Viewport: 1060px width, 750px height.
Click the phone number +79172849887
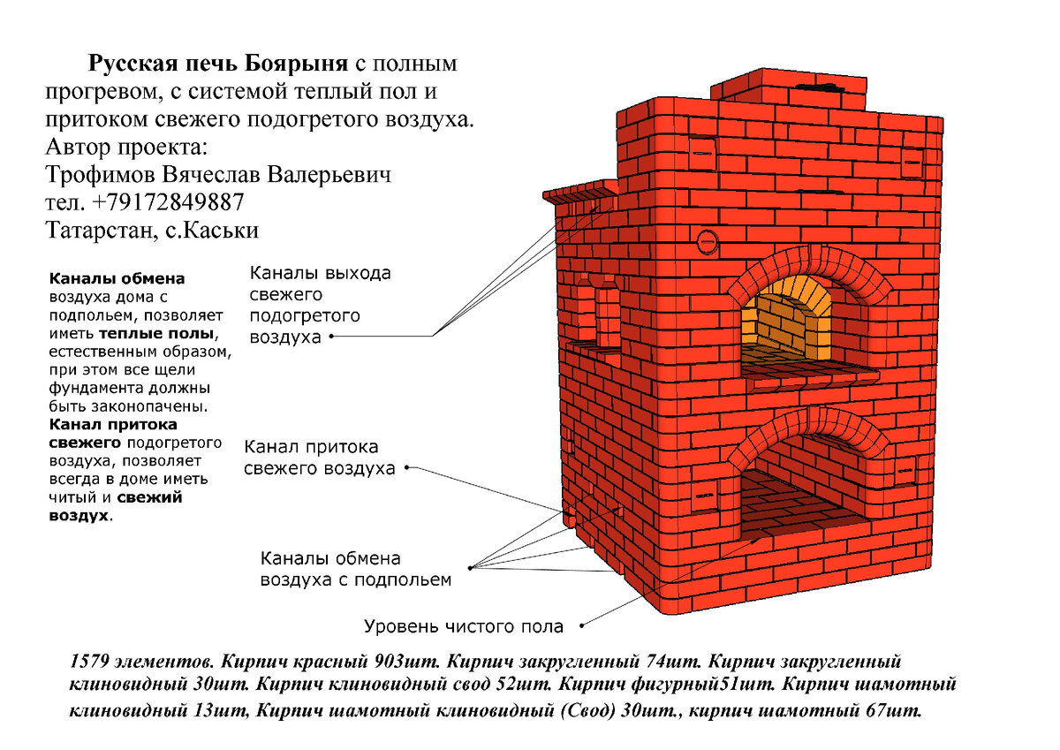pyautogui.click(x=168, y=202)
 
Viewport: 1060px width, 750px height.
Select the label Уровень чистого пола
pyautogui.click(x=464, y=627)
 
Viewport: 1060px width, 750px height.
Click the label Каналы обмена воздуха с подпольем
pyautogui.click(x=355, y=570)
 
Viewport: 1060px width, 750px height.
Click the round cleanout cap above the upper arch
pyautogui.click(x=707, y=239)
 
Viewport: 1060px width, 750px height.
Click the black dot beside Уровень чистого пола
pyautogui.click(x=583, y=627)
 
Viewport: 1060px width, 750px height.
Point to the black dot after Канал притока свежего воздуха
pyautogui.click(x=407, y=468)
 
